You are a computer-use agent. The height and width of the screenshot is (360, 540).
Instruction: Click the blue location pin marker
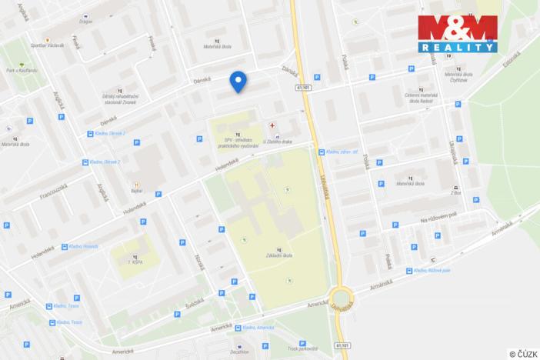(238, 81)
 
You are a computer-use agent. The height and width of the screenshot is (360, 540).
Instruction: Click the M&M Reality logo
(458, 32)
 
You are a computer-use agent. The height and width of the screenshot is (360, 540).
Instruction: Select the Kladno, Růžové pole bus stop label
(432, 271)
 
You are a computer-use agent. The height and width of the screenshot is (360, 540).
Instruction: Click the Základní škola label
(278, 255)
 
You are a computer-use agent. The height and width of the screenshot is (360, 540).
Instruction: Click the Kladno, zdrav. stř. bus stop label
(344, 152)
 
